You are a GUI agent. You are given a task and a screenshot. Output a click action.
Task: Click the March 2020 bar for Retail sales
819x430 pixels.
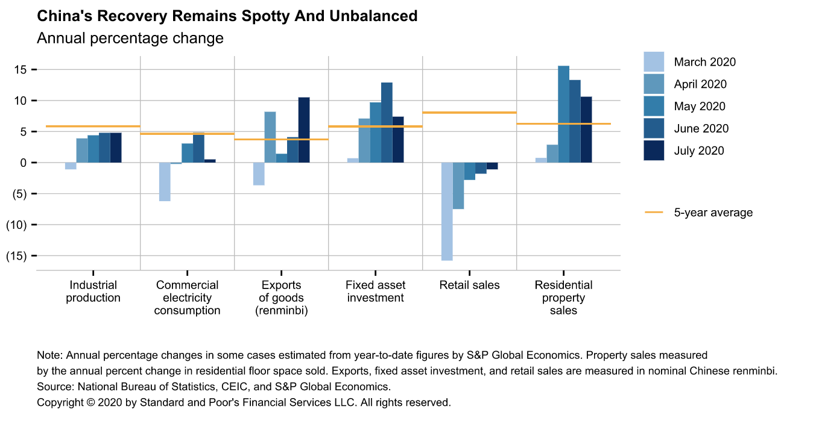click(447, 211)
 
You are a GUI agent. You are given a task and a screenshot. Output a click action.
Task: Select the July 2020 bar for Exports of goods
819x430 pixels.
click(304, 130)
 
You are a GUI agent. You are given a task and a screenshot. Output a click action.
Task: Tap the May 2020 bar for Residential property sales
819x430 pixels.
click(563, 114)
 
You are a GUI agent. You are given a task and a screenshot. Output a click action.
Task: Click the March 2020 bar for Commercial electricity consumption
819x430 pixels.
click(165, 182)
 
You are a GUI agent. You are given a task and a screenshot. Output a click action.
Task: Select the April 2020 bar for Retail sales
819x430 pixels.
click(458, 185)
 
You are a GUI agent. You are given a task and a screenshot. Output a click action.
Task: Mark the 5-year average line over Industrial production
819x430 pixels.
click(93, 126)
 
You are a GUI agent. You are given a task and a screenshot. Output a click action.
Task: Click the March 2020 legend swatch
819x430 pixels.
click(654, 62)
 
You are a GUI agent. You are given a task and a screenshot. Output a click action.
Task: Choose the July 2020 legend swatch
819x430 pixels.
click(654, 151)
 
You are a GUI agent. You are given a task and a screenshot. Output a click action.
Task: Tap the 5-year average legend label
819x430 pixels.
click(713, 213)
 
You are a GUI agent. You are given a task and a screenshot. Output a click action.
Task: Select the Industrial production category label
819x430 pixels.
click(93, 291)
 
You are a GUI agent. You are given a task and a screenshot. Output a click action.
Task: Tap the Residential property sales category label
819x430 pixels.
click(563, 298)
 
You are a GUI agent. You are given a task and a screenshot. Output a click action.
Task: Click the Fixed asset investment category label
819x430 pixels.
click(375, 291)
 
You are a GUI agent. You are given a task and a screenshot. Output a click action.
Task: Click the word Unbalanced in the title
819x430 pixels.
click(376, 16)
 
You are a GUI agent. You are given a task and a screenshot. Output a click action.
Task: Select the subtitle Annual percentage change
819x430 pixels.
click(130, 39)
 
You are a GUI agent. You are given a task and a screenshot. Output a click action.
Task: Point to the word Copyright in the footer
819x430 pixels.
click(61, 402)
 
